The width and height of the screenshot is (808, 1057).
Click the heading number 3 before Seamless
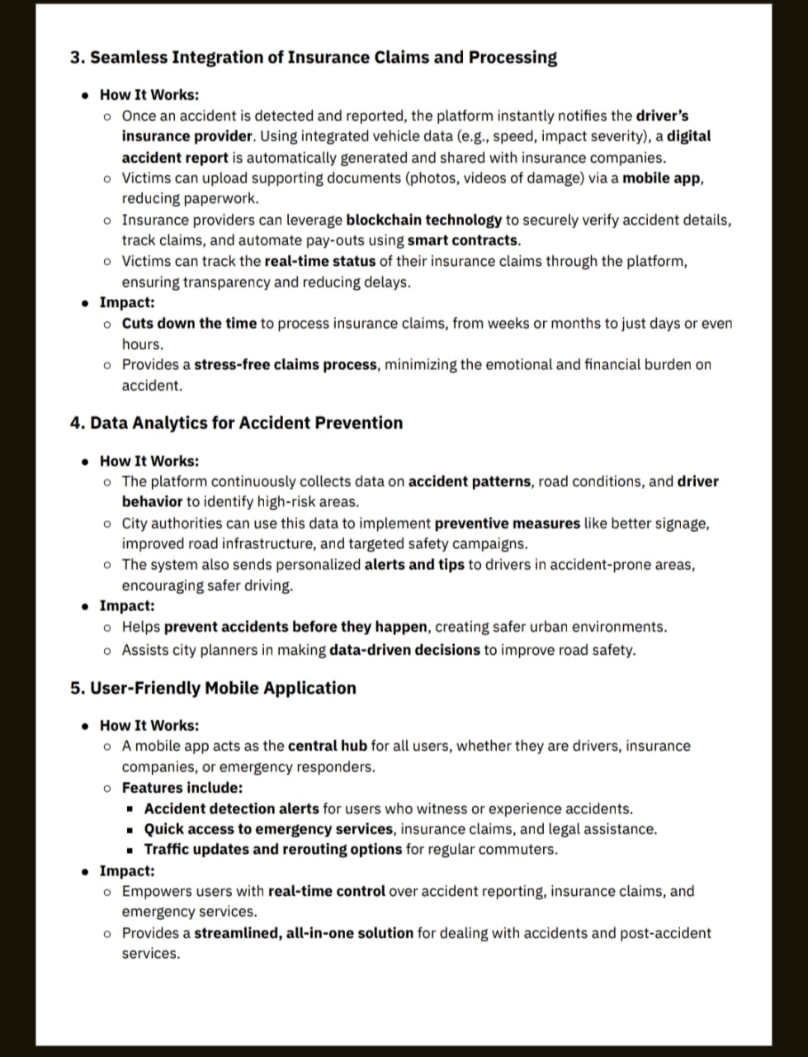click(x=78, y=58)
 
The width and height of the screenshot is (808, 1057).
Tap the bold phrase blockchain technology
click(x=423, y=220)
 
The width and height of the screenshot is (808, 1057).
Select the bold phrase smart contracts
click(x=463, y=241)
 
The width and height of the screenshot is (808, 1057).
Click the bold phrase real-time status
click(x=319, y=262)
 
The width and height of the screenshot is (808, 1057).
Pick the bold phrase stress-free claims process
click(x=286, y=365)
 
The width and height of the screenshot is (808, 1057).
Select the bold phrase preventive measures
click(x=507, y=524)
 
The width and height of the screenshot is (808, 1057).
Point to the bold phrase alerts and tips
click(x=413, y=566)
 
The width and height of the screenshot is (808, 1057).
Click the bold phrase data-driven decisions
click(x=404, y=650)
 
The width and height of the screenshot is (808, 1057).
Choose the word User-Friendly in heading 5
click(x=144, y=688)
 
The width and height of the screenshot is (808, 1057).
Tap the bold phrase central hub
click(x=327, y=747)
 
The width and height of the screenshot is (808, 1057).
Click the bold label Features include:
click(x=182, y=788)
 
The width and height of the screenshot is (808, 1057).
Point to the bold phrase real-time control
click(x=326, y=892)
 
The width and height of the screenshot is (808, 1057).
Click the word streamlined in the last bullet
click(x=236, y=934)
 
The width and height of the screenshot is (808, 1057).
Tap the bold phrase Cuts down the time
click(x=189, y=324)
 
